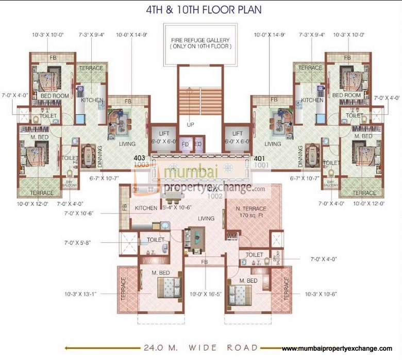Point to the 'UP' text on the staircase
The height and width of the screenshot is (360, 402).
191,125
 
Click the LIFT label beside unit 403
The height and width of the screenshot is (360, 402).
163,134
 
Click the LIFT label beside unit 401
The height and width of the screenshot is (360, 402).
238,134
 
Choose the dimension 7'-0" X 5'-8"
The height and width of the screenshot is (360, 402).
80,241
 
